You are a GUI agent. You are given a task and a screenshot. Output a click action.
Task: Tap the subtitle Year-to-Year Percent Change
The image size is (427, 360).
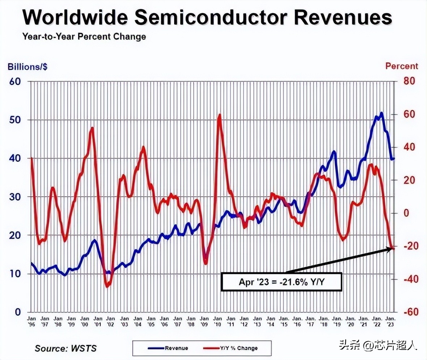pyautogui.click(x=84, y=37)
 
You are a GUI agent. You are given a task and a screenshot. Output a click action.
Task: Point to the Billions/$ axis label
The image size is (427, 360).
pyautogui.click(x=28, y=67)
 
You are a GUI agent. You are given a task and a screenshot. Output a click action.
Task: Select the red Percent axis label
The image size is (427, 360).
pyautogui.click(x=401, y=66)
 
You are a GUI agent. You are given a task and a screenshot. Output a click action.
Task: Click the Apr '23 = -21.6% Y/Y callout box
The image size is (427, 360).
pyautogui.click(x=282, y=282)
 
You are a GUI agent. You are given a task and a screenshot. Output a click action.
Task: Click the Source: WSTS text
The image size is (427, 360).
pyautogui.click(x=65, y=348)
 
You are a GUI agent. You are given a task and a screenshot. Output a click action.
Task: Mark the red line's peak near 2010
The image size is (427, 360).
pyautogui.click(x=219, y=115)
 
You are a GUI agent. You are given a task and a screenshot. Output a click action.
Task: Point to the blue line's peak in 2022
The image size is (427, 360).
pyautogui.click(x=381, y=113)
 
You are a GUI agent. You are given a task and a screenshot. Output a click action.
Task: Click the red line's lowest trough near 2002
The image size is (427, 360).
pyautogui.click(x=107, y=286)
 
